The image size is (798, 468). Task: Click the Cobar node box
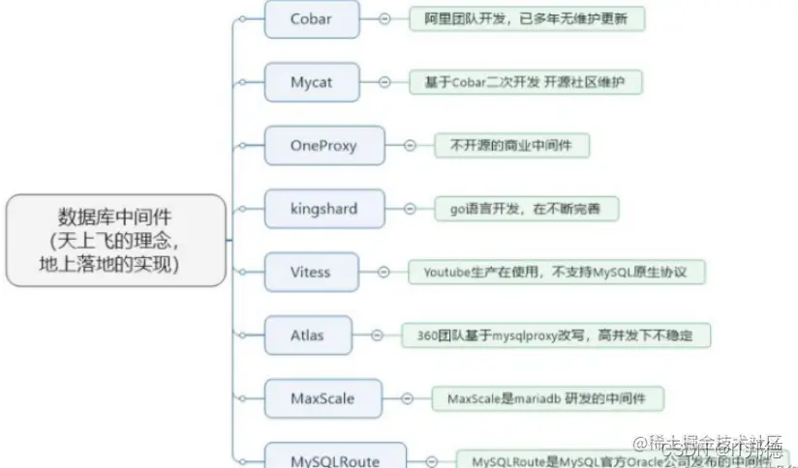pyautogui.click(x=311, y=19)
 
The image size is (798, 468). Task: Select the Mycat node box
pyautogui.click(x=311, y=82)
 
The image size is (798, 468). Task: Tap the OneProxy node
pyautogui.click(x=323, y=146)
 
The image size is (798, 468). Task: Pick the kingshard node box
pyautogui.click(x=323, y=209)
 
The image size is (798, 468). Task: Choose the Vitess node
pyautogui.click(x=311, y=273)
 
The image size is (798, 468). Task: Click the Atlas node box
pyautogui.click(x=307, y=336)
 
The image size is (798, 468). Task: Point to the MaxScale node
pyautogui.click(x=322, y=398)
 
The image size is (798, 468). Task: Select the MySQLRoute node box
pyautogui.click(x=335, y=459)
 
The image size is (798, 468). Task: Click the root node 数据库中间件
pyautogui.click(x=116, y=240)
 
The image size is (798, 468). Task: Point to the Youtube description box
pyautogui.click(x=555, y=273)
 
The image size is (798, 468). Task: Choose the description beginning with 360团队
pyautogui.click(x=557, y=336)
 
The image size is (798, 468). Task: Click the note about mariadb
pyautogui.click(x=547, y=398)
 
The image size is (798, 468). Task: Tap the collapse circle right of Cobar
pyautogui.click(x=385, y=19)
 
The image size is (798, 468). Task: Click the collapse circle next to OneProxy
pyautogui.click(x=411, y=146)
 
